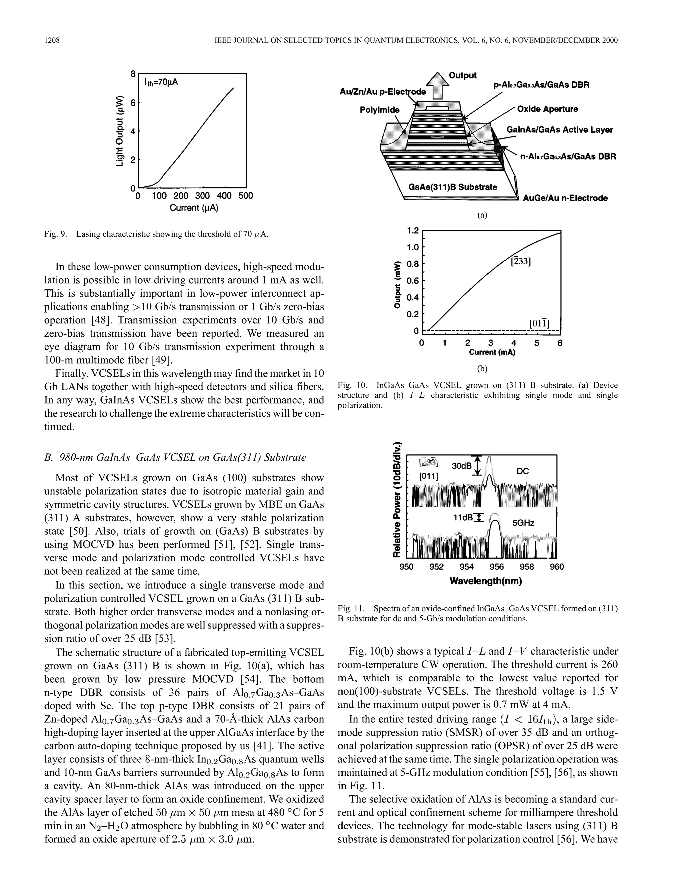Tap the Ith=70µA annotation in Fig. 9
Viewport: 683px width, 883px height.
click(x=161, y=82)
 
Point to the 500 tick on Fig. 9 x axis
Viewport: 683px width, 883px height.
click(x=245, y=196)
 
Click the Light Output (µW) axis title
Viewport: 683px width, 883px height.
click(x=120, y=131)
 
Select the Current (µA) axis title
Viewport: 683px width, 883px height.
click(x=193, y=208)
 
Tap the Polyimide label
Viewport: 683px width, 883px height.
click(x=379, y=110)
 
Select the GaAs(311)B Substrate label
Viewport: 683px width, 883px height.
click(x=452, y=187)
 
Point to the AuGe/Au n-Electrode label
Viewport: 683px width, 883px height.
click(x=565, y=198)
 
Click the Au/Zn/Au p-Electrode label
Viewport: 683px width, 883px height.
click(x=383, y=92)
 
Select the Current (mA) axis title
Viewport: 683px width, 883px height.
click(x=492, y=352)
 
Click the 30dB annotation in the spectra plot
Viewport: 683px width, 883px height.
click(x=461, y=466)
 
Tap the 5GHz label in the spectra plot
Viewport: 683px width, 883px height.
click(x=523, y=523)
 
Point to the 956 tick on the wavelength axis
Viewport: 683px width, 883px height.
click(x=497, y=567)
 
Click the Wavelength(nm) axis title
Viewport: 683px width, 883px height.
click(x=485, y=581)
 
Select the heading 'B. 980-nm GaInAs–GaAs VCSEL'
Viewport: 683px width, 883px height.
click(x=175, y=458)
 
